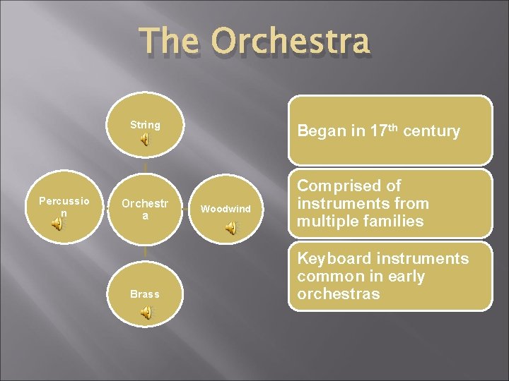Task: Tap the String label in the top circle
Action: click(x=145, y=125)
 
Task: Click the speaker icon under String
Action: click(x=144, y=140)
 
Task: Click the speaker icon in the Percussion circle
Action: click(x=57, y=224)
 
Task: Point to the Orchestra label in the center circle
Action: click(x=145, y=209)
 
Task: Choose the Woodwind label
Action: click(x=226, y=209)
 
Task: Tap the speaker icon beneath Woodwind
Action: click(x=230, y=227)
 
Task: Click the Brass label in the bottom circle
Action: click(x=145, y=294)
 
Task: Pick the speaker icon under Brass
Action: click(x=146, y=314)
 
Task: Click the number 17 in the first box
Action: click(x=379, y=131)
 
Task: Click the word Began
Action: click(x=319, y=131)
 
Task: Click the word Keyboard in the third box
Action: click(x=336, y=259)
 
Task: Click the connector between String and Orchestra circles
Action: click(x=145, y=168)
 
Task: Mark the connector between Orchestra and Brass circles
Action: click(x=145, y=250)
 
